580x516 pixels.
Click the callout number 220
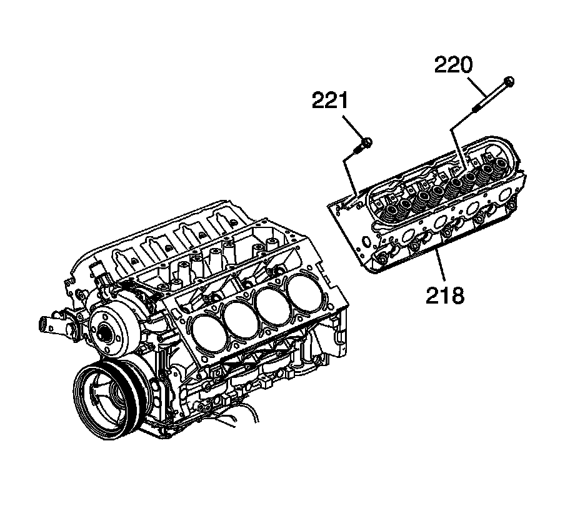pyautogui.click(x=454, y=66)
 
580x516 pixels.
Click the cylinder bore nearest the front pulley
pyautogui.click(x=207, y=329)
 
